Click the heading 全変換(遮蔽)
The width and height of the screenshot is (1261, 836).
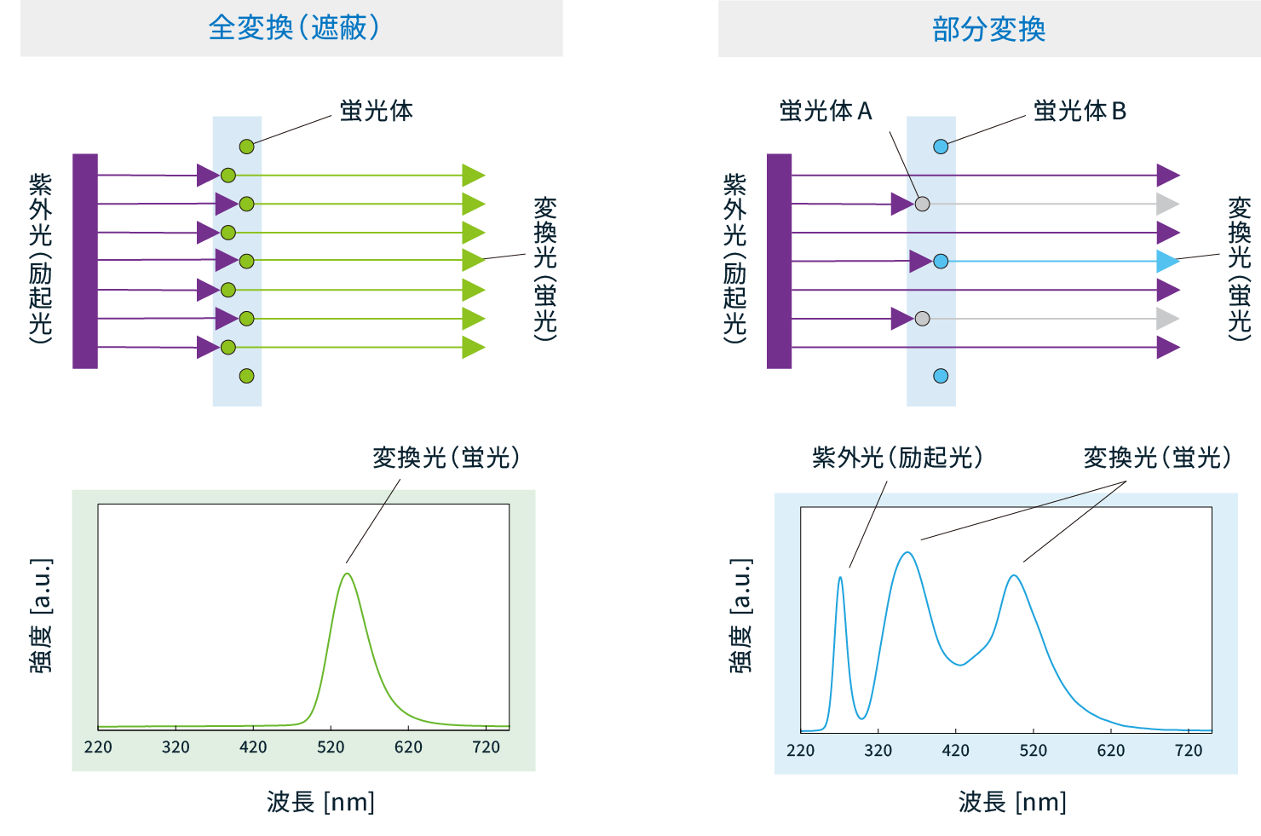(x=293, y=28)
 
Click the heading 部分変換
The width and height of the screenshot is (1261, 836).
(x=988, y=30)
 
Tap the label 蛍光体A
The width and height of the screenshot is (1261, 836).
(x=825, y=111)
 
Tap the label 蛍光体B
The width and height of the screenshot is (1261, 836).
(x=1080, y=111)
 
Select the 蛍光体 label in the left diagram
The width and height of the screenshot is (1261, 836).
(x=376, y=111)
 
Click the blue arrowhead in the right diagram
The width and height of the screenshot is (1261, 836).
(x=1167, y=261)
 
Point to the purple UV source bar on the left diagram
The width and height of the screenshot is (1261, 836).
(x=85, y=261)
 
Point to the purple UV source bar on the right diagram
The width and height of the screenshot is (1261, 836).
(x=780, y=261)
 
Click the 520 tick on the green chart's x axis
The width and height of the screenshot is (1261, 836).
(x=331, y=747)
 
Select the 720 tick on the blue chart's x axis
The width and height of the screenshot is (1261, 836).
(x=1189, y=751)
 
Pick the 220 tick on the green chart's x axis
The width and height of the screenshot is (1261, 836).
(x=98, y=747)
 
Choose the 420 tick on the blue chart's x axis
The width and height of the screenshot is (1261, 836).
(x=956, y=751)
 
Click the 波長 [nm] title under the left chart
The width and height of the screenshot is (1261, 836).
(x=320, y=802)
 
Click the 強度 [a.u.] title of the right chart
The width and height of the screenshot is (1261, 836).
(x=741, y=615)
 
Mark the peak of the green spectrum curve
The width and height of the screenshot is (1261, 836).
(x=347, y=574)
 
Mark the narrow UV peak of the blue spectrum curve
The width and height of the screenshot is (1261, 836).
(x=841, y=578)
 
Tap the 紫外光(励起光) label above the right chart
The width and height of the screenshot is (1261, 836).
(x=897, y=458)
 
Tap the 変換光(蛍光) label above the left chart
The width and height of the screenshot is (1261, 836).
(x=446, y=458)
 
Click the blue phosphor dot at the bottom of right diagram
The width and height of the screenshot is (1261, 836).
(x=941, y=376)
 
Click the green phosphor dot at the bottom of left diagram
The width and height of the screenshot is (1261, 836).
(x=246, y=376)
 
